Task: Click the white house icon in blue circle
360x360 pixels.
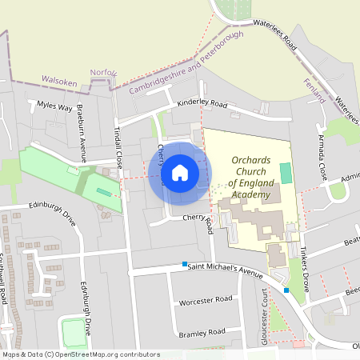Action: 179,173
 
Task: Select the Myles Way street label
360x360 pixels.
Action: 55,106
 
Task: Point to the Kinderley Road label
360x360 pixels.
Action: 202,105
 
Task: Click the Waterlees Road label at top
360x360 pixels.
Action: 274,35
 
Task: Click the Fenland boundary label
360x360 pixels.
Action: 315,90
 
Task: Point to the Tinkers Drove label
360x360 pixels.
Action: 305,252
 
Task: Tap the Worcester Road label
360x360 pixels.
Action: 206,299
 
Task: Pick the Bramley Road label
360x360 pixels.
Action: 203,333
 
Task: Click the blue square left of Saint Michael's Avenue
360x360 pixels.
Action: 185,264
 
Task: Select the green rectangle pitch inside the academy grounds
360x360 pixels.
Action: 286,172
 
